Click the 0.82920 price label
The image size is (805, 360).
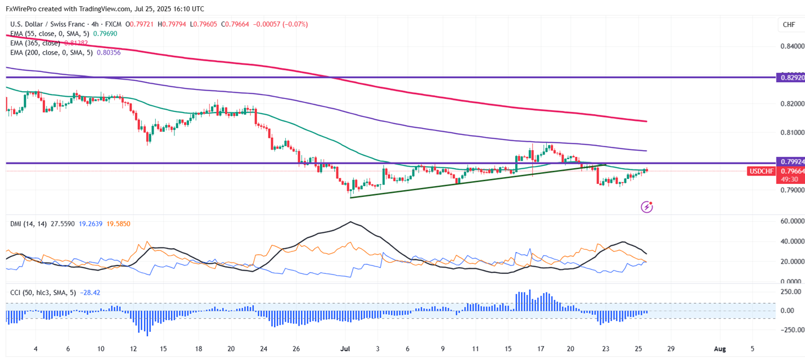click(789, 77)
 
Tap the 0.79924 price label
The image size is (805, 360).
click(789, 161)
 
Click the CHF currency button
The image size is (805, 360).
click(789, 25)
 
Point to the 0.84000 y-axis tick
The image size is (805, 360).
click(792, 46)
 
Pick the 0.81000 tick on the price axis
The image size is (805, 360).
click(792, 133)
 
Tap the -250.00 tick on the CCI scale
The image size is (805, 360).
click(790, 330)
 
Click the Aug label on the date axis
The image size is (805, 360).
click(719, 349)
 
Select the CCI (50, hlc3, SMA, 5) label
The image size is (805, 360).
click(43, 292)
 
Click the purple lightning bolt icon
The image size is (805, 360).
click(647, 207)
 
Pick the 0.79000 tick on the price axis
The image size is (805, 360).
click(792, 190)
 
